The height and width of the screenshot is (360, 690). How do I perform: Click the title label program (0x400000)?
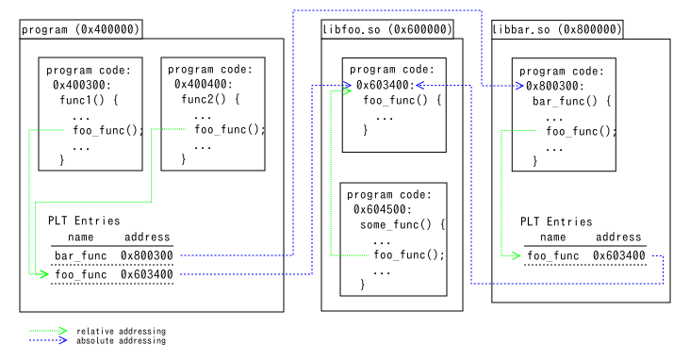[x=80, y=29]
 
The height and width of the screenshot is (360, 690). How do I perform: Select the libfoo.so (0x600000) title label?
[x=387, y=29]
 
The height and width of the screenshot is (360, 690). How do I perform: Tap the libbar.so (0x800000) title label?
[x=557, y=29]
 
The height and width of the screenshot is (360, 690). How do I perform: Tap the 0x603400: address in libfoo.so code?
[x=386, y=85]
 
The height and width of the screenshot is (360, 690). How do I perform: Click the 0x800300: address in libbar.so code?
[x=555, y=86]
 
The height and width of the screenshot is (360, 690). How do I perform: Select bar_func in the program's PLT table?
[x=80, y=255]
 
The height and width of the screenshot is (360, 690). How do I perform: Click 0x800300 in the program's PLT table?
[x=146, y=255]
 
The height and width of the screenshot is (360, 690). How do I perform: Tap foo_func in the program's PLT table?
[x=80, y=274]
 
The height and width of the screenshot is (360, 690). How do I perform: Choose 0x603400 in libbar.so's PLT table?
[x=618, y=255]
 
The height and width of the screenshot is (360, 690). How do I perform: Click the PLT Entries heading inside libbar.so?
[x=556, y=221]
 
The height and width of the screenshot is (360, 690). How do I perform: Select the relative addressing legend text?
[x=121, y=331]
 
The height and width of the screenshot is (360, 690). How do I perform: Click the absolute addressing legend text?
[x=121, y=340]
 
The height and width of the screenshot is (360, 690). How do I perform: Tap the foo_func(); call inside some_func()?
[x=409, y=254]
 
